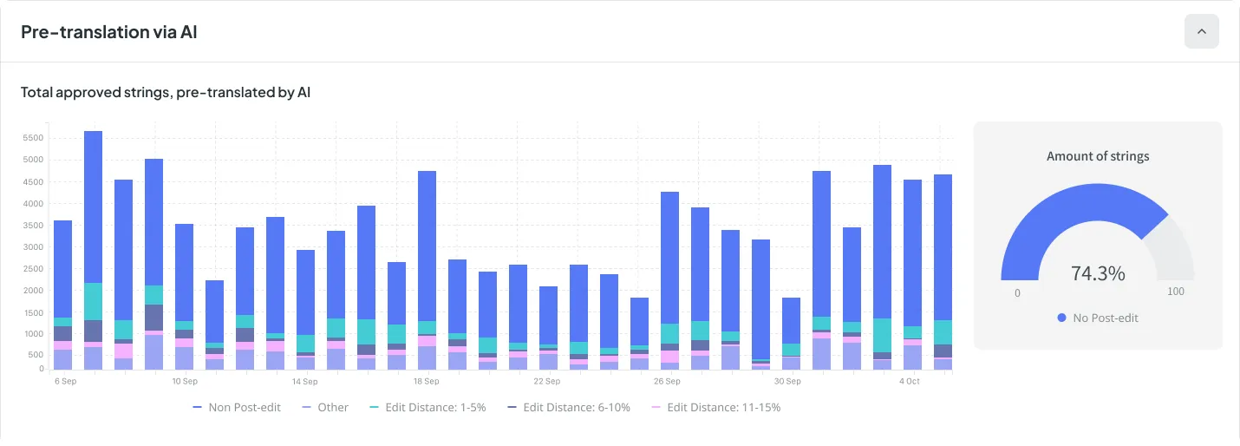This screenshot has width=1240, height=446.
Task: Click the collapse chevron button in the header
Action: pos(1201,32)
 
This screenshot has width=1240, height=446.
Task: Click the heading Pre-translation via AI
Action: pos(110,32)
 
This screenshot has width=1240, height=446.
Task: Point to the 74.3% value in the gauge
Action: pos(1097,273)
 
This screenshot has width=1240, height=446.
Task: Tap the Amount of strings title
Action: pos(1097,156)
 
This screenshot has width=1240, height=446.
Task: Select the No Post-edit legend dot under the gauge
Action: pos(1061,318)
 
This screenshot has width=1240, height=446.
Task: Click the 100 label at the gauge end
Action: pos(1175,292)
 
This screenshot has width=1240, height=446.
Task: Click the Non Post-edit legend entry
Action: pos(237,407)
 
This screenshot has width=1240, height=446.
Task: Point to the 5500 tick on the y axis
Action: pos(33,138)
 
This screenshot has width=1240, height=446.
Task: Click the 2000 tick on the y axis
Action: pos(33,291)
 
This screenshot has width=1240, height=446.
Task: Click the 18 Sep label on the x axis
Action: pos(426,381)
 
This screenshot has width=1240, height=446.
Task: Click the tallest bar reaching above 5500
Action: pos(93,208)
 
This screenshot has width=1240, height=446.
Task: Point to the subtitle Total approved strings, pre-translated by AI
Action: pos(166,91)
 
